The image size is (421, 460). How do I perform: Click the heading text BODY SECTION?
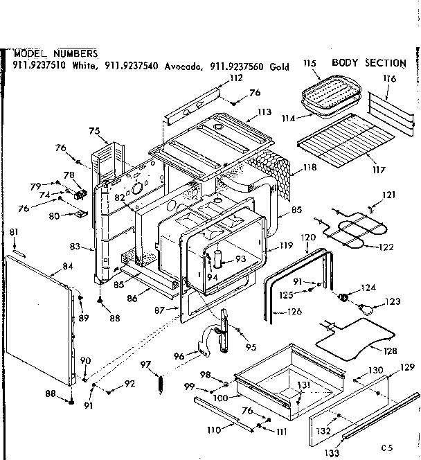click(x=368, y=63)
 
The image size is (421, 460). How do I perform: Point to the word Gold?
click(x=280, y=67)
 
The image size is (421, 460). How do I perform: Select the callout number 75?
click(x=93, y=131)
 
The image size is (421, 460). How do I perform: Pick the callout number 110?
click(x=215, y=430)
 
